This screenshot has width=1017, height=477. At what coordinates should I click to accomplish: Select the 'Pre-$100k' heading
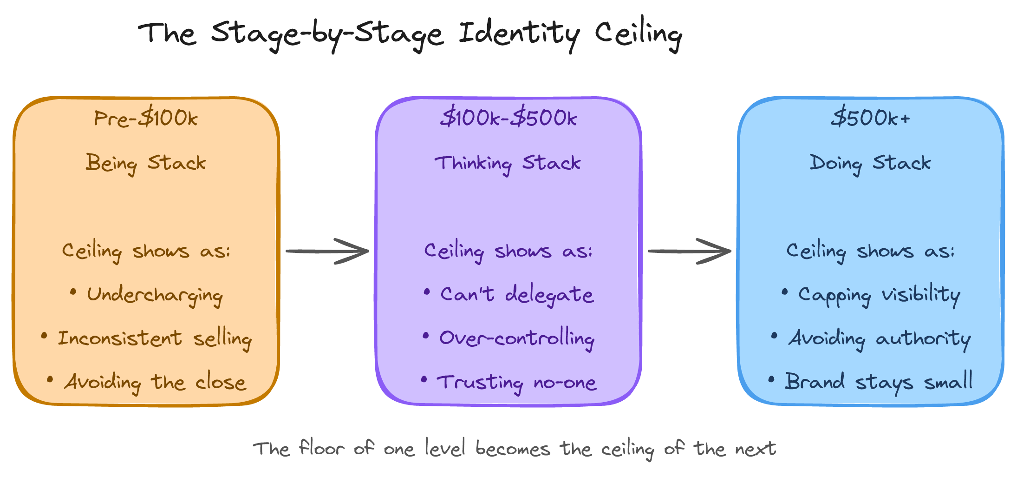(146, 118)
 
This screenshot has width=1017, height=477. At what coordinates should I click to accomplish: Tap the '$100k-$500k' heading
(508, 118)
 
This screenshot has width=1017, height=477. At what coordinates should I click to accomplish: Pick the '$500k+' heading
(870, 118)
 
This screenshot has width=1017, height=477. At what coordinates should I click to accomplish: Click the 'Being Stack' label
(146, 163)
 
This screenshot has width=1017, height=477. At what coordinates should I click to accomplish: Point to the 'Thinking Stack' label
(508, 163)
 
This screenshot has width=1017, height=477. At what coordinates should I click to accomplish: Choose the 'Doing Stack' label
(870, 163)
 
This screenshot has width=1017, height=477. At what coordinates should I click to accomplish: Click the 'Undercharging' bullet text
(155, 295)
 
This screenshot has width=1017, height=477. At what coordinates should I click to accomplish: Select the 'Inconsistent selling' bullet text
(154, 338)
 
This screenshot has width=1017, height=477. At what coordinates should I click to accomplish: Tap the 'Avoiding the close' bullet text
(155, 383)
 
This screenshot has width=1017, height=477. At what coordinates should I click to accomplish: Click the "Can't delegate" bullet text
(516, 295)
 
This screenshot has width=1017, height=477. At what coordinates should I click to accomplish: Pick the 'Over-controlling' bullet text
(516, 338)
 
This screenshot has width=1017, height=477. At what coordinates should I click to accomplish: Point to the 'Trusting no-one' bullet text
(516, 383)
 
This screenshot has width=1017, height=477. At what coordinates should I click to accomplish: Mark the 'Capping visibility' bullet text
(879, 295)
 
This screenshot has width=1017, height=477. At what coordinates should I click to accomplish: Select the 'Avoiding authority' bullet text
(879, 338)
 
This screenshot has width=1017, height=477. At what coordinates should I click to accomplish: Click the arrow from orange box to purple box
(327, 251)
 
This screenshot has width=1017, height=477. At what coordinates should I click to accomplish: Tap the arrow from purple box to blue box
(689, 251)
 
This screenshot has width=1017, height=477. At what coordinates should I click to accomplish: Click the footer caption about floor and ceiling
(514, 449)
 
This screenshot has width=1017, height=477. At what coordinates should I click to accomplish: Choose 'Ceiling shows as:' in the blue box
(870, 251)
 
